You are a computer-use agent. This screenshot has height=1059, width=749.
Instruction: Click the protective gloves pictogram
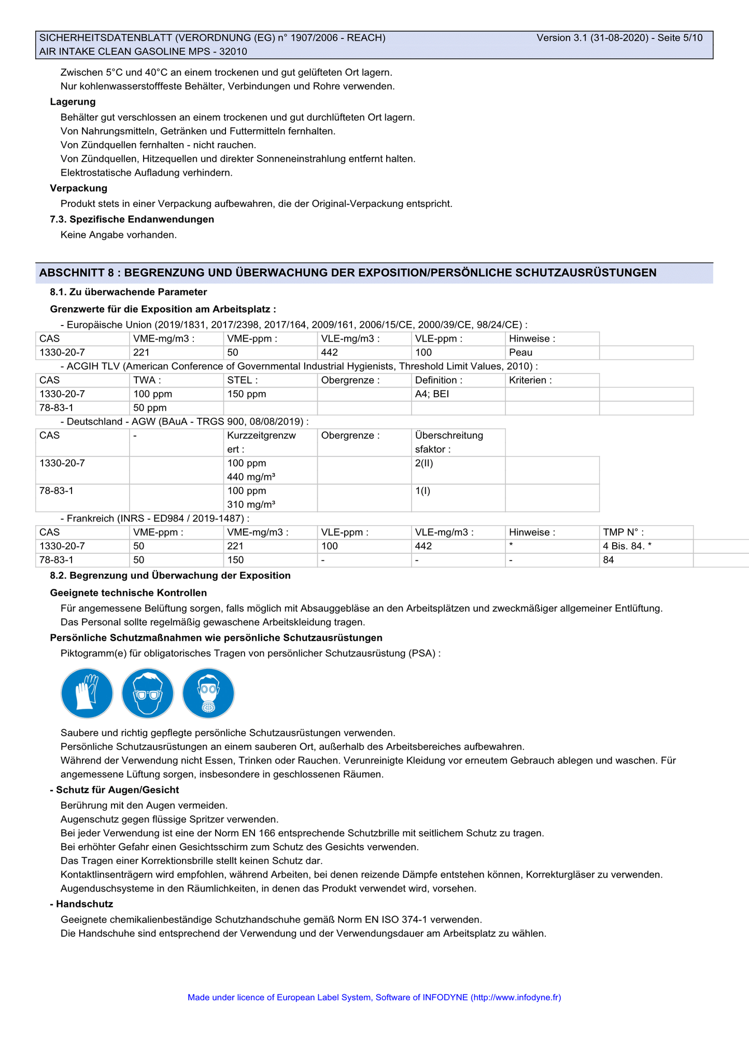tap(87, 693)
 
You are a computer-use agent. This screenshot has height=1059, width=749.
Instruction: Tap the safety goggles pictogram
tap(148, 693)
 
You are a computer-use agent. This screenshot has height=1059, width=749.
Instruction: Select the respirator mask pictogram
tap(208, 693)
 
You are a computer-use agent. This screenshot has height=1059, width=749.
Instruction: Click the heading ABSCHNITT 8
tap(348, 273)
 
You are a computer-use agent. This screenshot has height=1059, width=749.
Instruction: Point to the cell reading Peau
tap(520, 352)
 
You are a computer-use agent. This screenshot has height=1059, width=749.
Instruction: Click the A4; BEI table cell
tap(432, 394)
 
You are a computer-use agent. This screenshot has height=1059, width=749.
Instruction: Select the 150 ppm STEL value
tap(247, 394)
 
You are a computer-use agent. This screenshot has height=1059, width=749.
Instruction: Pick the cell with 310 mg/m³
tap(251, 504)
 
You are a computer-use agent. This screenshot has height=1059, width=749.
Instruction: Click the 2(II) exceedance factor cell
tap(424, 463)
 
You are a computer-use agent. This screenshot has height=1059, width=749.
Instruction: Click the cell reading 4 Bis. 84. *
tap(627, 546)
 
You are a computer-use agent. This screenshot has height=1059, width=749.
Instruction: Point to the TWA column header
tap(145, 380)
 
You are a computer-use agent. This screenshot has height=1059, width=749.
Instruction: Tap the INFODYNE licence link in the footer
tap(374, 997)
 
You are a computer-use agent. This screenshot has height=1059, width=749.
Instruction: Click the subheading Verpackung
tap(79, 188)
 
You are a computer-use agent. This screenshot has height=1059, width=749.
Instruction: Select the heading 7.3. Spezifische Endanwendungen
tap(132, 219)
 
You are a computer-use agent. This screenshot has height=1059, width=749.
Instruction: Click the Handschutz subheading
tap(81, 904)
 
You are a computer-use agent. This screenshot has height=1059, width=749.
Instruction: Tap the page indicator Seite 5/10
tap(680, 38)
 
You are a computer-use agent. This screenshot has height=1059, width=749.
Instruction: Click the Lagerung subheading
tap(73, 102)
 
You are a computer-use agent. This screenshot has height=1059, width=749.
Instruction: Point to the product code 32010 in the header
tap(233, 51)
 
